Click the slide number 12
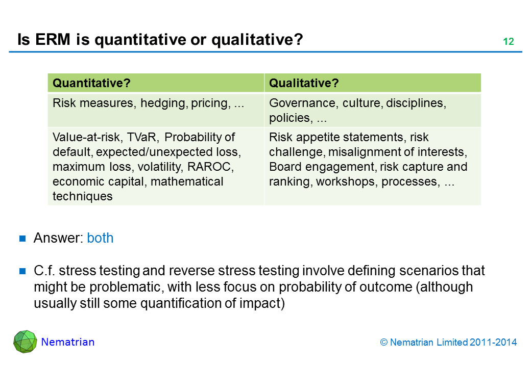(x=509, y=42)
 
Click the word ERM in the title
(x=53, y=40)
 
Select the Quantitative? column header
(x=91, y=83)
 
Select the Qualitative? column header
(x=304, y=83)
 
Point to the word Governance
(x=303, y=103)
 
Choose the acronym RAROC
(x=210, y=167)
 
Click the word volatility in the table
(x=160, y=167)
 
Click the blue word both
(x=100, y=238)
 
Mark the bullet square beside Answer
(x=22, y=239)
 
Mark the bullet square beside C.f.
(x=22, y=271)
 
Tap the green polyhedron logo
(x=25, y=342)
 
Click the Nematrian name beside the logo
(x=68, y=342)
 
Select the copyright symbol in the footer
(x=383, y=343)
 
